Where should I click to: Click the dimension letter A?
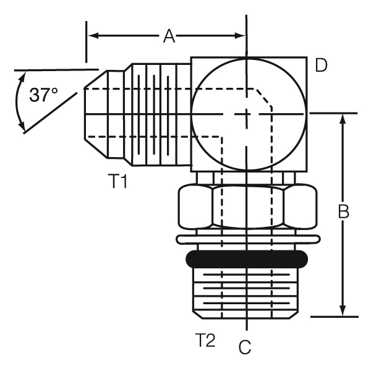pyautogui.click(x=169, y=36)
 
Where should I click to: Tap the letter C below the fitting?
pyautogui.click(x=245, y=348)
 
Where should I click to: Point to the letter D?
pyautogui.click(x=321, y=66)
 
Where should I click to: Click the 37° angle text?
pyautogui.click(x=44, y=95)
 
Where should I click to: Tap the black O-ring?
pyautogui.click(x=247, y=257)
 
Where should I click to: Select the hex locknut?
pyautogui.click(x=247, y=208)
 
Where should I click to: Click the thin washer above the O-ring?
pyautogui.click(x=247, y=239)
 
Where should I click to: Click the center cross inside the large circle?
pyautogui.click(x=247, y=114)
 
